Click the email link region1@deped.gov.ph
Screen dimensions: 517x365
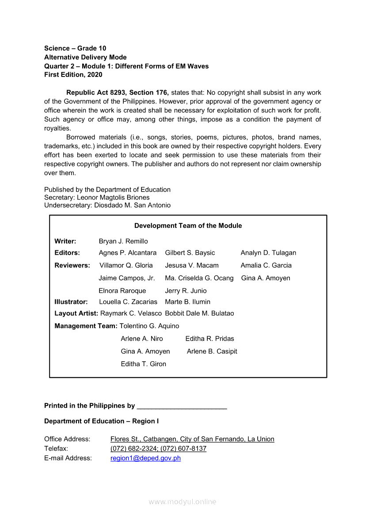pos(145,458)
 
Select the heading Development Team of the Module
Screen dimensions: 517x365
pos(188,226)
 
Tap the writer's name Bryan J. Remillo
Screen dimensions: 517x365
pos(123,241)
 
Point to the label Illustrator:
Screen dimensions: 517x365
pos(71,302)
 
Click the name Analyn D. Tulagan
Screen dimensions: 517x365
pos(268,253)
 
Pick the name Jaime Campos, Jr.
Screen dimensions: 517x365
pos(126,278)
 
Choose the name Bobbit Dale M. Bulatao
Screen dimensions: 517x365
pos(199,313)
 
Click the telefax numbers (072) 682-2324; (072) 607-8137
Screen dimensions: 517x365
pos(158,448)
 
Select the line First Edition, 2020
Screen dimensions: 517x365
pos(73,75)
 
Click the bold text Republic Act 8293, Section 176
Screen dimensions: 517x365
pos(117,93)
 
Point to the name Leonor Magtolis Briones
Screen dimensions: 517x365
pos(113,197)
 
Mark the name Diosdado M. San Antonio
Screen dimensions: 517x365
pos(132,205)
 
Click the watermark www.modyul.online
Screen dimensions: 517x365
pos(182,502)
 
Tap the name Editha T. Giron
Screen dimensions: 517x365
pos(143,364)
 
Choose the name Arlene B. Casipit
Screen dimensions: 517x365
pos(212,351)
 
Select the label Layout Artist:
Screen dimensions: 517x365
pos(76,313)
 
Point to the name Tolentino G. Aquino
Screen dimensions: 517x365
pos(149,326)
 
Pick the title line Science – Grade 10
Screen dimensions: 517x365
pos(75,48)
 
